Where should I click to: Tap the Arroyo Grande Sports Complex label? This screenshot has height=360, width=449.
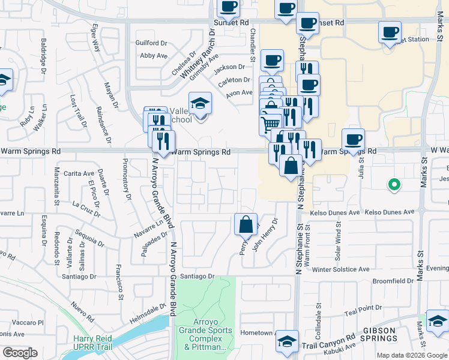[x=202, y=338]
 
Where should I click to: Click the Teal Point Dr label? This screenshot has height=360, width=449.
[x=365, y=311]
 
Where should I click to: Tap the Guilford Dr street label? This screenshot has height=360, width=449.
[x=151, y=43]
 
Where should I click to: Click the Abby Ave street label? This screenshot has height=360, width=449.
[x=153, y=56]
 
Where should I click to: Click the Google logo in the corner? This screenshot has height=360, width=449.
[x=20, y=353]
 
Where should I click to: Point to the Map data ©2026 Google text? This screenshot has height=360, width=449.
[x=411, y=355]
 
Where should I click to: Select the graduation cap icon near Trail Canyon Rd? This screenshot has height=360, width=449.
[x=287, y=341]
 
